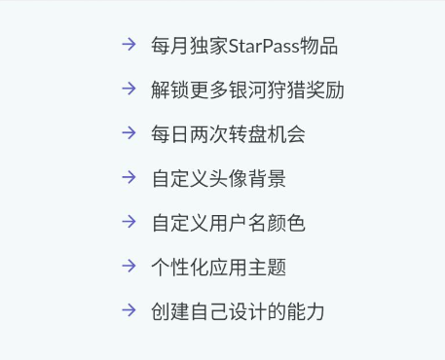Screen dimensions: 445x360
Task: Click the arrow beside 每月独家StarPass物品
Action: pos(129,44)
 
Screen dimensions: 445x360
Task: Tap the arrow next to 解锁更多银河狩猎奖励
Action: pos(129,89)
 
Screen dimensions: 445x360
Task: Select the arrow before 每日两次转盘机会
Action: pos(129,132)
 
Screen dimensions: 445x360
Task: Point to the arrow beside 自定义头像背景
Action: pos(129,177)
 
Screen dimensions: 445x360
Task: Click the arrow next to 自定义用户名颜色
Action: pos(129,222)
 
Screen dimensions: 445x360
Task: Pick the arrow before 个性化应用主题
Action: pos(129,266)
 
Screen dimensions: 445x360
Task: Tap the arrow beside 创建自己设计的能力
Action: pos(129,310)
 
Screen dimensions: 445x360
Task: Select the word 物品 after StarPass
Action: pos(318,46)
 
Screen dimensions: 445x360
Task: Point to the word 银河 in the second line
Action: pos(247,90)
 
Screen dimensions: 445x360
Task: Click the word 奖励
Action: pos(325,90)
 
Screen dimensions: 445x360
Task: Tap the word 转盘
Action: pos(247,134)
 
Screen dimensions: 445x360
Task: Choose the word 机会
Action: pos(286,134)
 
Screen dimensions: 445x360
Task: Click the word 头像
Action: pos(228,179)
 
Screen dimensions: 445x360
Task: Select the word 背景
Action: pos(267,179)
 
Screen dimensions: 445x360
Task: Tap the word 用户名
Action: pos(238,223)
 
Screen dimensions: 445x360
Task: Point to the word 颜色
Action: pos(286,223)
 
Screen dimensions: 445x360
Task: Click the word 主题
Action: pos(267,268)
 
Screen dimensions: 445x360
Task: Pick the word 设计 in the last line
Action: pos(247,311)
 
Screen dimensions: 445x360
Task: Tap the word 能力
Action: pos(306,311)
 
